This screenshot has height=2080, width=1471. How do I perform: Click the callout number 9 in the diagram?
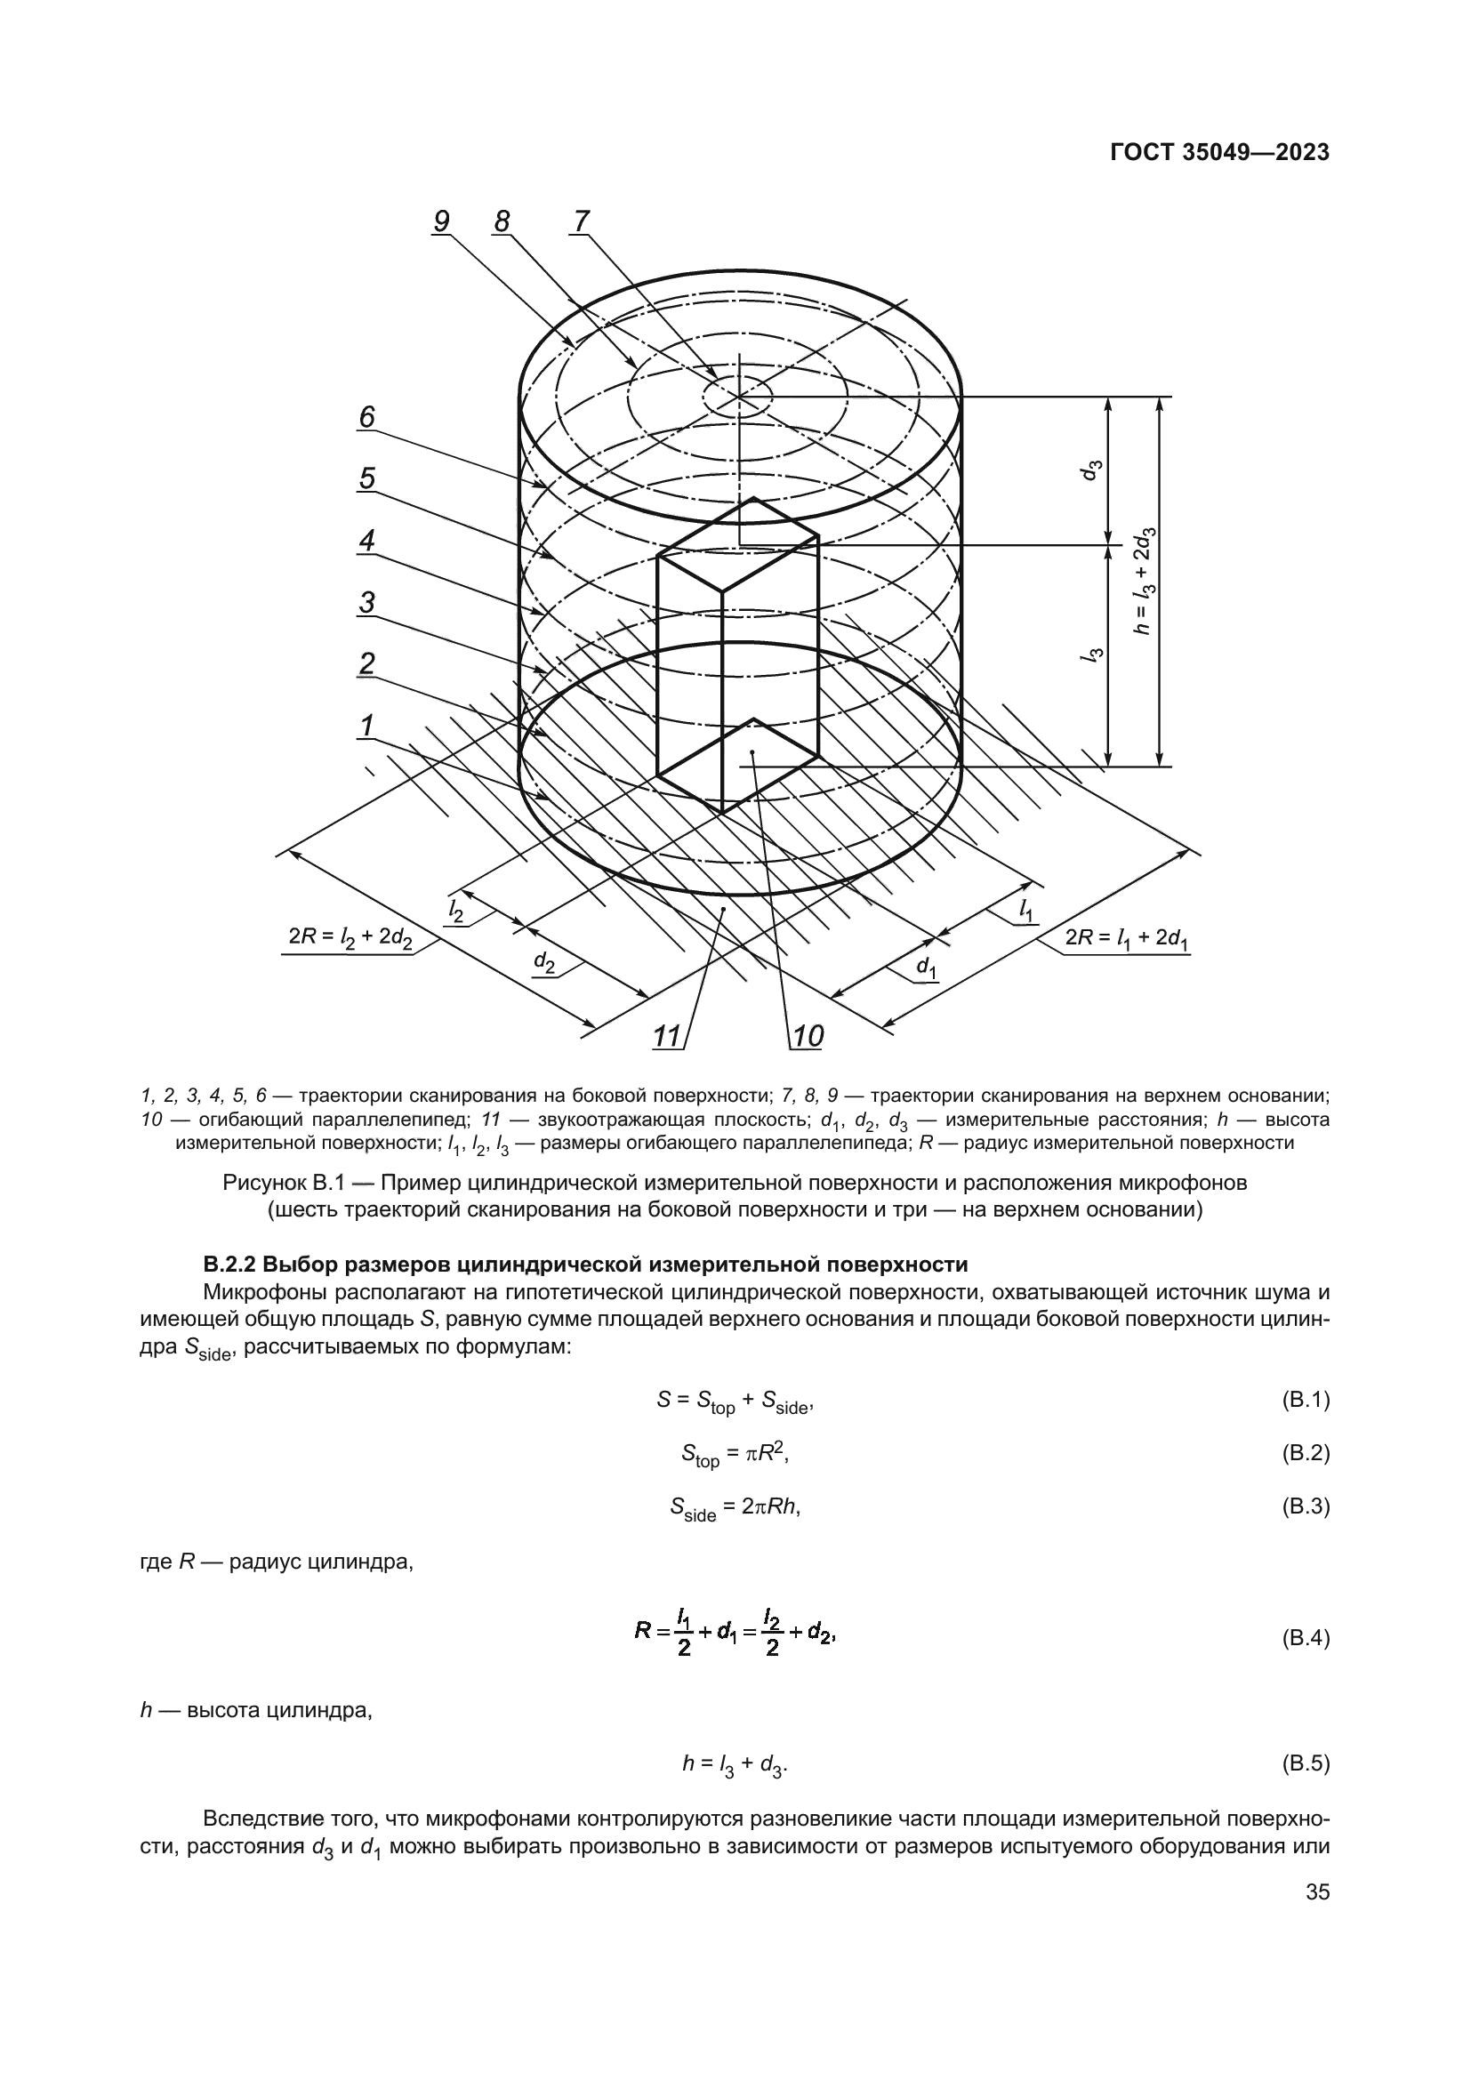(x=441, y=221)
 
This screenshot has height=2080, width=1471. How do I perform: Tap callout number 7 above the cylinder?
(x=581, y=221)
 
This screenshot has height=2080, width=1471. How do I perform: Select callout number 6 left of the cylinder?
(x=366, y=417)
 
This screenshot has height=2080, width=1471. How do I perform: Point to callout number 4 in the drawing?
(x=366, y=541)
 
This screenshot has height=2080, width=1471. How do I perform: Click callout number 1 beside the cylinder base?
(x=366, y=726)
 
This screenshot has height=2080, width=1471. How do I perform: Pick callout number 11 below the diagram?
(x=667, y=1035)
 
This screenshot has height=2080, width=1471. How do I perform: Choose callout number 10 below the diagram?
(x=807, y=1035)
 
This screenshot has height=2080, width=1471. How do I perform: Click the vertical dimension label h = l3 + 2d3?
(x=1143, y=581)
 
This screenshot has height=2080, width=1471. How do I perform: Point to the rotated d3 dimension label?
(x=1094, y=470)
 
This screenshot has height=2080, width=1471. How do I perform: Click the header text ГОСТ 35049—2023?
(x=1219, y=152)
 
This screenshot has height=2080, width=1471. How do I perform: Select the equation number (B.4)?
(x=1306, y=1639)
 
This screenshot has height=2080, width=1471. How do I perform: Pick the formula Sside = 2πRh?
(x=735, y=1508)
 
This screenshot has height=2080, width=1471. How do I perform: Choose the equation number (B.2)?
(x=1306, y=1453)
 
